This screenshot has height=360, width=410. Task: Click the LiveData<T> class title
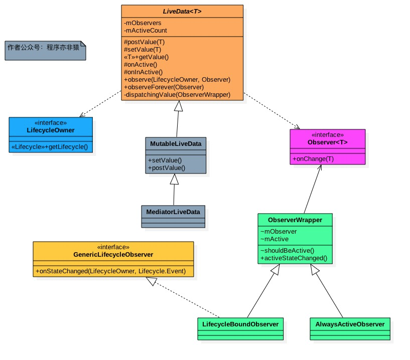182,11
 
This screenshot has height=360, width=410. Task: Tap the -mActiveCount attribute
146,30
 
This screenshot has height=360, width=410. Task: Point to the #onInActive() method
143,72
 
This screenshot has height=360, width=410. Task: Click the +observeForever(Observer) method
166,87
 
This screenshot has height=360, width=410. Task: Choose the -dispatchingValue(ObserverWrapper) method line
177,94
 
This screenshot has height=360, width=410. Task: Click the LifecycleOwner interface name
51,130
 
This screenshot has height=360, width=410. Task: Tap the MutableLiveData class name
176,144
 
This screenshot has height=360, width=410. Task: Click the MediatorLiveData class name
173,212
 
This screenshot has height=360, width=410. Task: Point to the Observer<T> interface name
328,142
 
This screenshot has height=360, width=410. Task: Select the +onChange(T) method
313,159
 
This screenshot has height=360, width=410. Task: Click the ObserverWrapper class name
295,220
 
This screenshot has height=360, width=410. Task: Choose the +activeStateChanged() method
294,258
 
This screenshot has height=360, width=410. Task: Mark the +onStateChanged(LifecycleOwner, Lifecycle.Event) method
111,271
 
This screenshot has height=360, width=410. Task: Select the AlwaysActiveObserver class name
350,324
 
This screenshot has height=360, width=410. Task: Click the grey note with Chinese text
45,49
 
